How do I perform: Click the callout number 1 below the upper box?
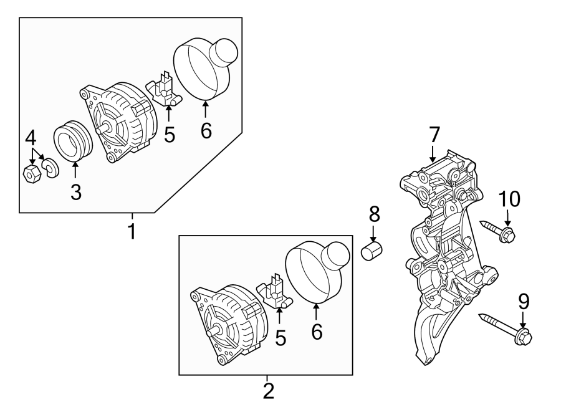coord(132,231)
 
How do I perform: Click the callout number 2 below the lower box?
coord(268,391)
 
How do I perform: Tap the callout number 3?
coord(75,192)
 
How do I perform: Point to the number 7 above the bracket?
coord(434,135)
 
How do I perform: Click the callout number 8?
coord(374,215)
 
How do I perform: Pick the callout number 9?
coord(524,302)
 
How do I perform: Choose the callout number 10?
coord(509,199)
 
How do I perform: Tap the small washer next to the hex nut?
coord(49,166)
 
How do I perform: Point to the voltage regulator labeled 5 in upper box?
coord(164,90)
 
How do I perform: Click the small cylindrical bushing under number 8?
coord(372,253)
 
